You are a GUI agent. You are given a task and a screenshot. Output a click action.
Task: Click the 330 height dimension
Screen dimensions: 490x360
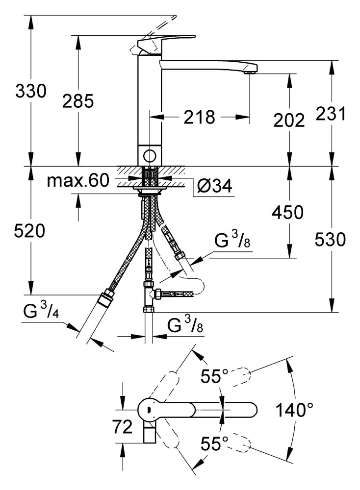point(31,92)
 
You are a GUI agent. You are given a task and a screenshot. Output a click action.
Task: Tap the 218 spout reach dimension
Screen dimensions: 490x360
point(200,117)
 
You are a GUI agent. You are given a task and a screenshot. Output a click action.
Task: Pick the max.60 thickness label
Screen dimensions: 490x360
point(77,181)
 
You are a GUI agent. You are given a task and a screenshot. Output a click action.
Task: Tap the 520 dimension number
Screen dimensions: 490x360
point(31,230)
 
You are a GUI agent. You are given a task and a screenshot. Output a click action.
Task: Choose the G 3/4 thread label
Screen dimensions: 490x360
point(41,312)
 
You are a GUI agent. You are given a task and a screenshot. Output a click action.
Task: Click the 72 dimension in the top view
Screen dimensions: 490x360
point(123,427)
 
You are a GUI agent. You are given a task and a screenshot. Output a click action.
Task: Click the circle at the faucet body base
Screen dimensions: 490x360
point(149,156)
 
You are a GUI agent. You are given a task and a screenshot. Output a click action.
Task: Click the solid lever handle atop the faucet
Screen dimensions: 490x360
point(167,41)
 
